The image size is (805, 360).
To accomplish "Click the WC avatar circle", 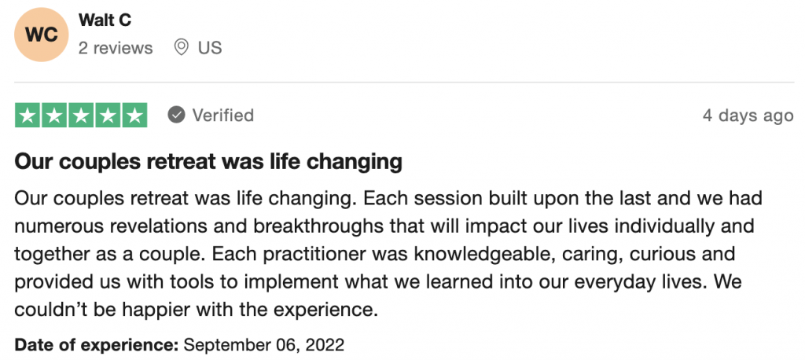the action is (41, 35).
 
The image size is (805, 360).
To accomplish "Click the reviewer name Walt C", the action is (105, 20).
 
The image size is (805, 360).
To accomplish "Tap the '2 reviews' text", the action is (116, 48).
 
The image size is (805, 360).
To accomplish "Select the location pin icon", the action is (181, 47).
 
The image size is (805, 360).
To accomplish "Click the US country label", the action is (210, 48).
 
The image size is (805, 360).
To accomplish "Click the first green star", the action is (28, 115).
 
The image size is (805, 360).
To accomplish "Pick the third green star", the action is (81, 115).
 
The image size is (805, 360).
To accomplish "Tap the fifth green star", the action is (134, 115).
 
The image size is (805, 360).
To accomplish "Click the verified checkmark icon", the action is (176, 115).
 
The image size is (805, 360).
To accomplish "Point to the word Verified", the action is (222, 115).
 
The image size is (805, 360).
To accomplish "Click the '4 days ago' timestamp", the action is (748, 116).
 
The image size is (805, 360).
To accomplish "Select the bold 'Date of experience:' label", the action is (97, 344).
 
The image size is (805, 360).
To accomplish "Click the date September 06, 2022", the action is (264, 344).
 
